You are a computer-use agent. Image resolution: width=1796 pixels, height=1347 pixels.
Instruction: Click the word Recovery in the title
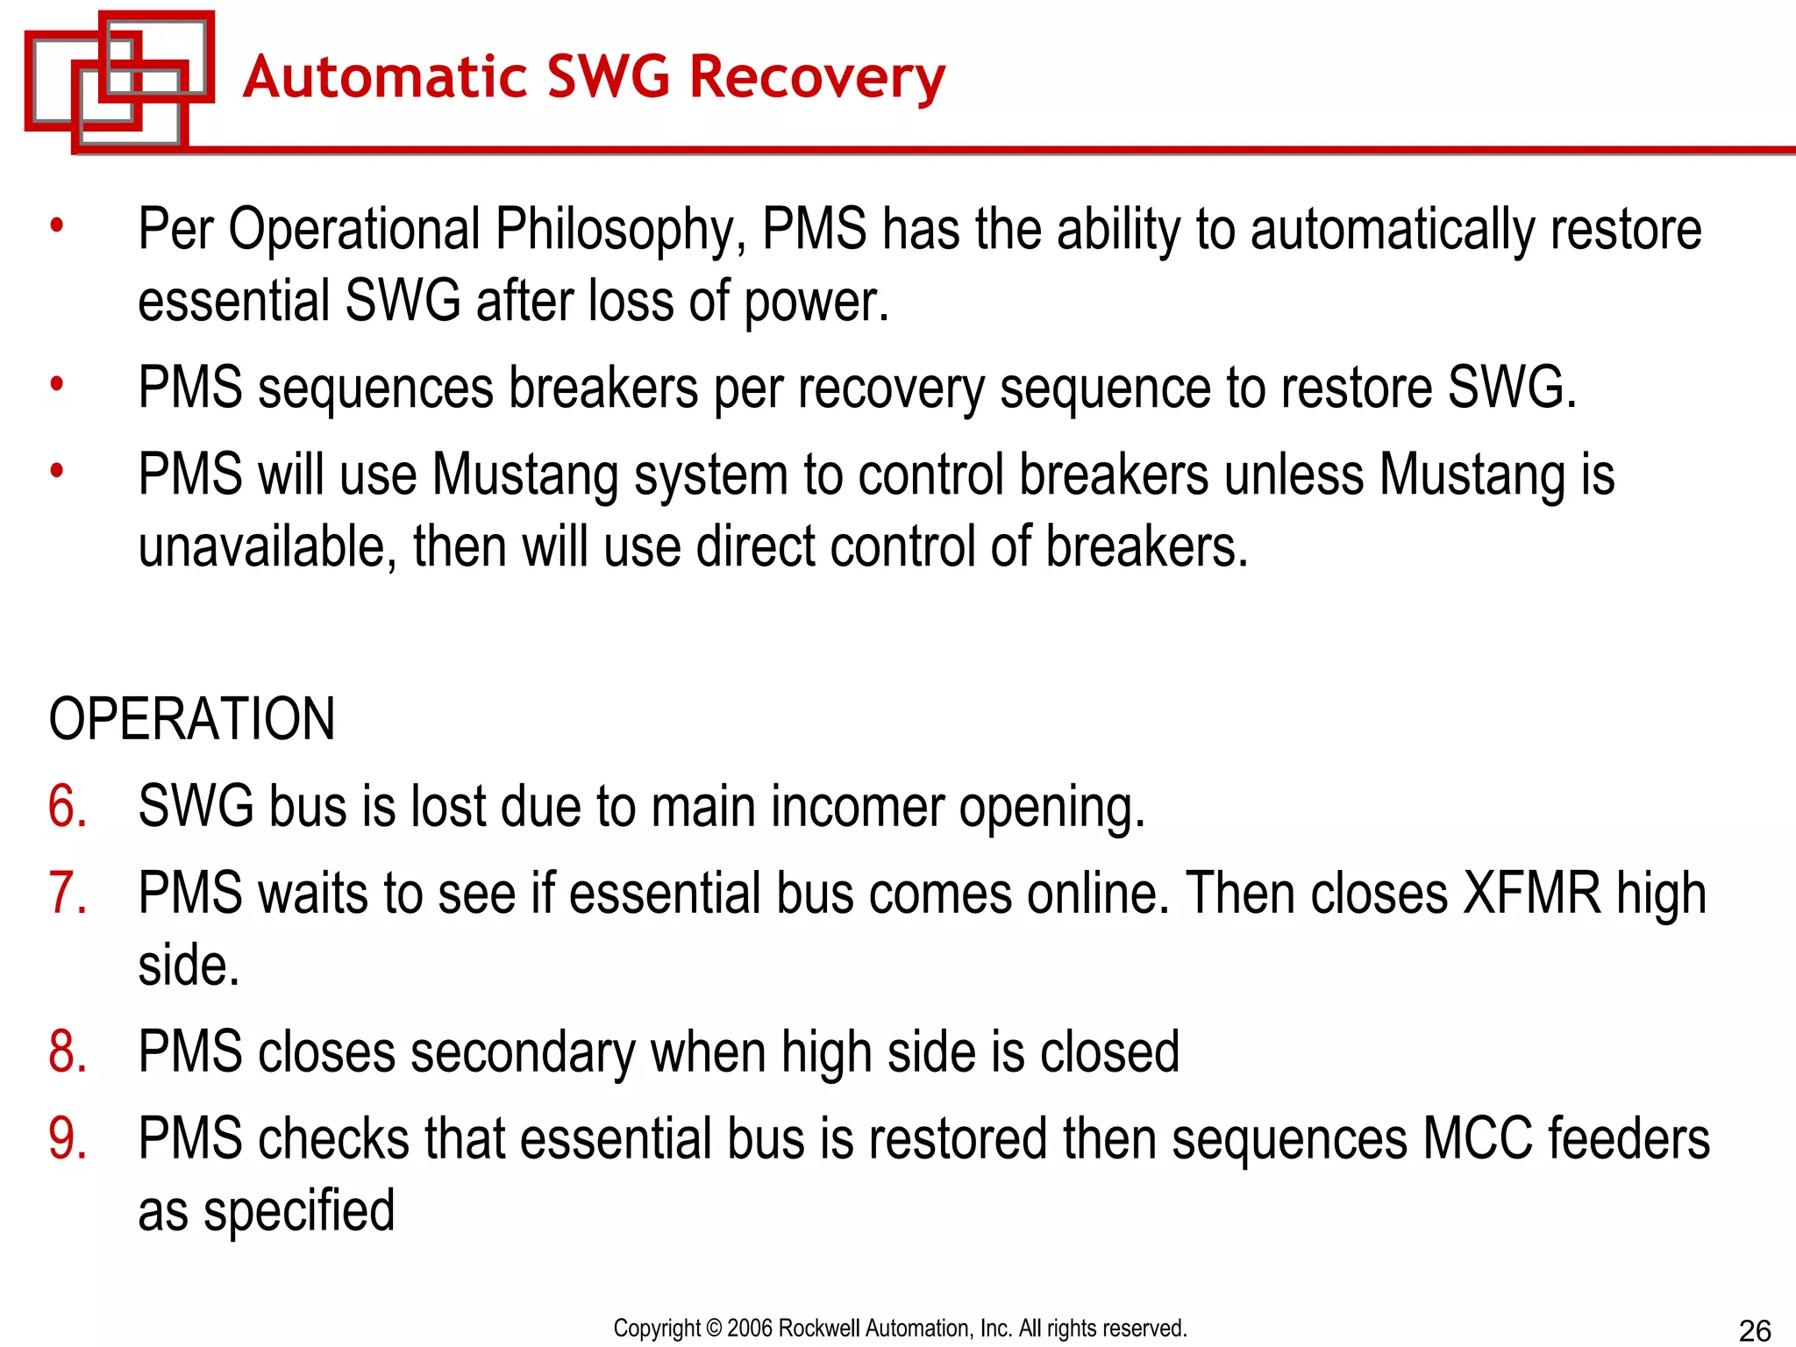pos(817,77)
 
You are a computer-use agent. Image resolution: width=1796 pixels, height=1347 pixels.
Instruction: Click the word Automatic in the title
pos(384,77)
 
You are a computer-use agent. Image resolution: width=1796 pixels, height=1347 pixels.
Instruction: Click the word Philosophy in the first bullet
pos(619,230)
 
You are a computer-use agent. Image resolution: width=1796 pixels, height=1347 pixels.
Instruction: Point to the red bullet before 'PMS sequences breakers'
pos(57,384)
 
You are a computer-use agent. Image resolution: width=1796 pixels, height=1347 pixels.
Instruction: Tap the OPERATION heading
pos(192,719)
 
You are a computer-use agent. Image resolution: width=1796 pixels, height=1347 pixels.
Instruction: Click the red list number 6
pos(68,807)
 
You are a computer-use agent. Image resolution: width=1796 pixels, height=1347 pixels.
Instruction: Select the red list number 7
pos(68,894)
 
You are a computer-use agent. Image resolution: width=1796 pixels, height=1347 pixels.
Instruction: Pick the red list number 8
pos(68,1052)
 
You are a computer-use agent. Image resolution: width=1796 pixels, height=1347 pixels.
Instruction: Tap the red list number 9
pos(68,1139)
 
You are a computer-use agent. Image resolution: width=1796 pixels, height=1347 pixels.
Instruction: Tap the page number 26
pos(1755,1330)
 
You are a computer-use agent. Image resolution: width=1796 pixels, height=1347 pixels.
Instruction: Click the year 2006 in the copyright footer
pos(750,1329)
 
